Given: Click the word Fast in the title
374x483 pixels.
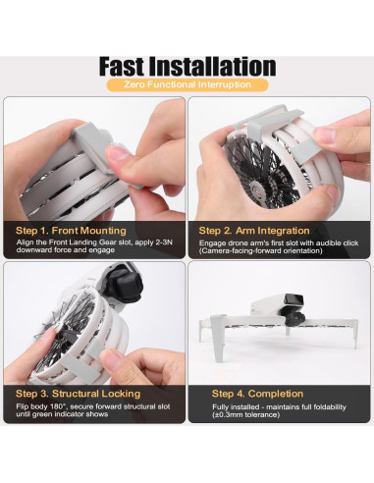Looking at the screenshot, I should tap(132, 67).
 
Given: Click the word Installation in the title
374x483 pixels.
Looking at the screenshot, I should tap(220, 67).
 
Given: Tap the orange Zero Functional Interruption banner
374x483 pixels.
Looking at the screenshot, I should tap(187, 85).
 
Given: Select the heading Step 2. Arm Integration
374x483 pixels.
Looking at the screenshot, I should tap(253, 232).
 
